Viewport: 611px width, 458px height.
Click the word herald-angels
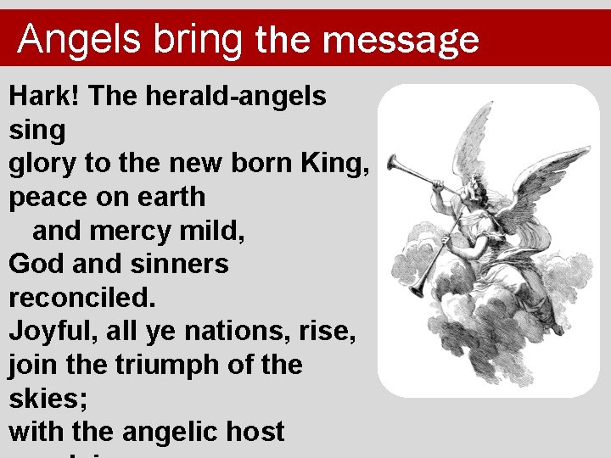click(x=236, y=97)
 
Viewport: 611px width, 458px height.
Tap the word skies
click(x=42, y=399)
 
